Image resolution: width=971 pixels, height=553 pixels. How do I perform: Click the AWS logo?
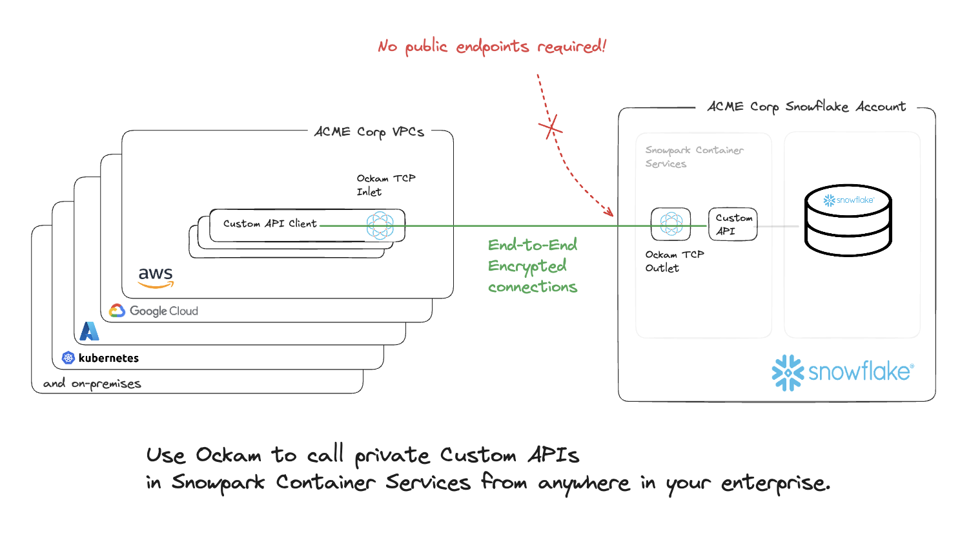[156, 277]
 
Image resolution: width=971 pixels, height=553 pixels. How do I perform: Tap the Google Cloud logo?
[154, 311]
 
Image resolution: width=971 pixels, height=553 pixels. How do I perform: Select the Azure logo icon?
[89, 331]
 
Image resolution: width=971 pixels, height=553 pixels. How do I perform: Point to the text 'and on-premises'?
[92, 384]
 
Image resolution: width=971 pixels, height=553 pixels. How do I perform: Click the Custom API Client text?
[269, 224]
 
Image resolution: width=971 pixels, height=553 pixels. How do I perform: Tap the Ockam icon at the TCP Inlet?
[380, 225]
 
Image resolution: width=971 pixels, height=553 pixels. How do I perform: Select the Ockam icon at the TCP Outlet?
[671, 224]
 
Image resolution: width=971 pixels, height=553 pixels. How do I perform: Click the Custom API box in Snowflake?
[732, 224]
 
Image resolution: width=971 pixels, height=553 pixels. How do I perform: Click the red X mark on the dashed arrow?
[551, 127]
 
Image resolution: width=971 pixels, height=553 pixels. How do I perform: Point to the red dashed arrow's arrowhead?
[609, 213]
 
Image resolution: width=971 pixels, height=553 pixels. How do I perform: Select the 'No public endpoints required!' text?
[492, 47]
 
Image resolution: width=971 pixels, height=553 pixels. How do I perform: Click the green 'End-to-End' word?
[532, 245]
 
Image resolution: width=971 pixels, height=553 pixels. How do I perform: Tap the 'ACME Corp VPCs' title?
[369, 132]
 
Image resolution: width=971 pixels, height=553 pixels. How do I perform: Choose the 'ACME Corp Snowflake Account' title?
[806, 107]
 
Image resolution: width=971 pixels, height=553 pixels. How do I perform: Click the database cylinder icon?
[848, 220]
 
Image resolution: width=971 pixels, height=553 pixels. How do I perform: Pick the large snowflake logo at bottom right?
[842, 372]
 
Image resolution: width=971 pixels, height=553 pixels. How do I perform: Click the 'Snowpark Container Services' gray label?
[693, 157]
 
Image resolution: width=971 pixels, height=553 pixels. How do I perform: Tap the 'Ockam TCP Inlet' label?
[385, 185]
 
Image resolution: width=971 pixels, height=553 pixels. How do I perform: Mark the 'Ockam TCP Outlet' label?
[673, 261]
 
